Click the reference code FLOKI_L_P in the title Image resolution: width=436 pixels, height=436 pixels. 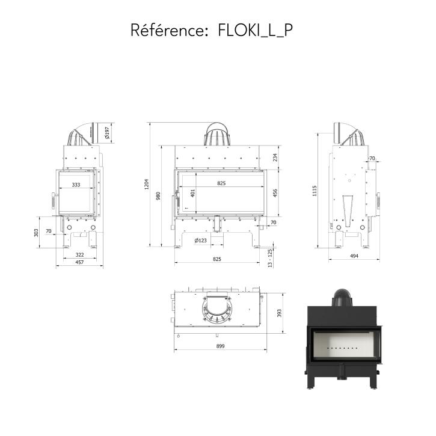tap(255, 30)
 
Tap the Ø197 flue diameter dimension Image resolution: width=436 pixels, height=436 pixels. tap(107, 133)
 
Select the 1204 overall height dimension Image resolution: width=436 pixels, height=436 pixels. tap(147, 184)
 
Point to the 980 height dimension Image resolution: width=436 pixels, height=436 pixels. tap(158, 196)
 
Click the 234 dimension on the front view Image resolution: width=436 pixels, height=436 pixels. tap(275, 158)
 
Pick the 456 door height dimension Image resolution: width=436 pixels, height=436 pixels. tap(275, 193)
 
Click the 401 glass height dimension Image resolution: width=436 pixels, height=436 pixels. tap(193, 193)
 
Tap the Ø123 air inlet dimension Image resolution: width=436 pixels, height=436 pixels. tap(200, 240)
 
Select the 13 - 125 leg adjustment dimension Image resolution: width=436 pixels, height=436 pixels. tap(270, 258)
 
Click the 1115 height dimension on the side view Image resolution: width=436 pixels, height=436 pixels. tap(315, 191)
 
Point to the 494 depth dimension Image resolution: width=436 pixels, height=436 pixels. tap(354, 256)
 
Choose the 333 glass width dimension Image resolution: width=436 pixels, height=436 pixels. tap(76, 185)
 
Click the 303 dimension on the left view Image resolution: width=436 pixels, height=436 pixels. tap(36, 233)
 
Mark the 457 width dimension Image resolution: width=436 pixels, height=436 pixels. tap(79, 262)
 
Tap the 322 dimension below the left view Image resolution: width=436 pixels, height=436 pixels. tap(80, 255)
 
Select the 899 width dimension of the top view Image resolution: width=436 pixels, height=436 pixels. tap(220, 346)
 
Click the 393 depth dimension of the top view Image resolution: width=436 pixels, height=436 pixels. tap(280, 313)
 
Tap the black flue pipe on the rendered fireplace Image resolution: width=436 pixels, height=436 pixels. tap(342, 298)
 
